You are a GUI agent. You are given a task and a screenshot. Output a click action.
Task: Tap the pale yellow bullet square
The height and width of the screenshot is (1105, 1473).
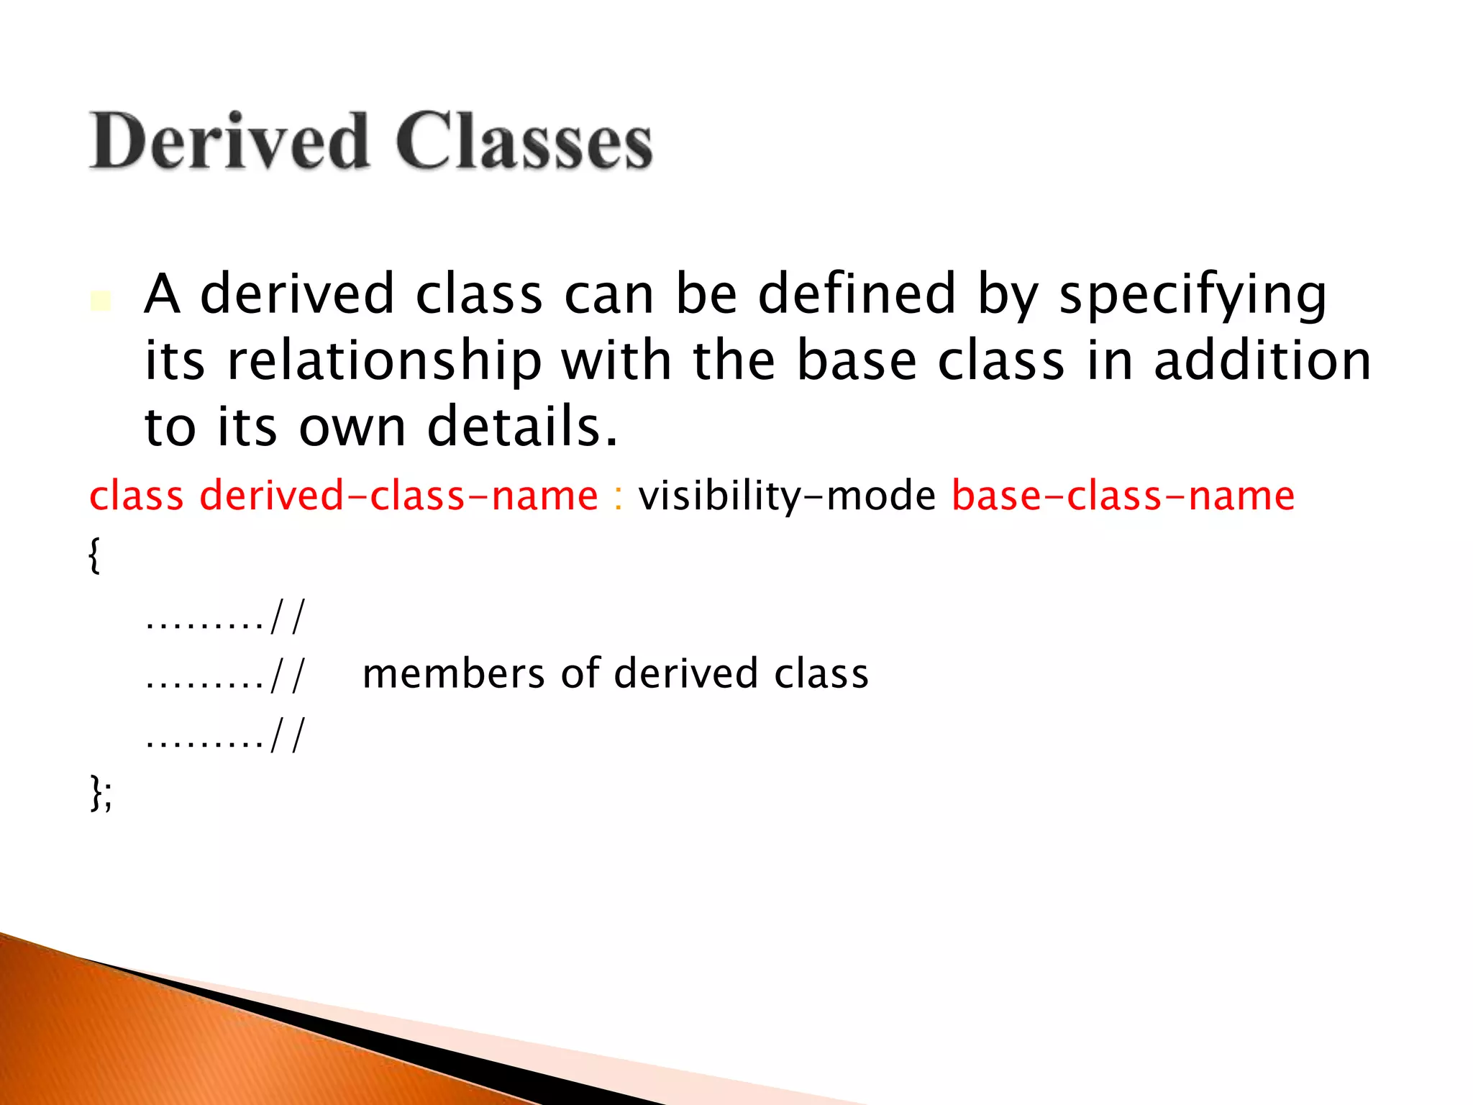click(x=101, y=301)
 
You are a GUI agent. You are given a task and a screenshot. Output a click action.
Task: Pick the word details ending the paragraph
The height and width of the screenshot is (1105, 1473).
click(x=522, y=427)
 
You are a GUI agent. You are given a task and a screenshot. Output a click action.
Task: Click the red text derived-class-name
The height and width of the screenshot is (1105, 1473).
click(x=398, y=496)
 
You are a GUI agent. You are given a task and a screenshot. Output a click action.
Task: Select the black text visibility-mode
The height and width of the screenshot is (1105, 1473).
click(x=787, y=496)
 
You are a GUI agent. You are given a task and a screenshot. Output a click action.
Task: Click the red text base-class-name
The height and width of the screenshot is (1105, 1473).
click(x=1123, y=496)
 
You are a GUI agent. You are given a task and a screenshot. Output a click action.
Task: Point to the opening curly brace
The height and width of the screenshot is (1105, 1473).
click(x=94, y=556)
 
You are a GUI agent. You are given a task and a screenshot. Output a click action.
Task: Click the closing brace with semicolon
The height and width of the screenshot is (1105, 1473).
click(x=101, y=794)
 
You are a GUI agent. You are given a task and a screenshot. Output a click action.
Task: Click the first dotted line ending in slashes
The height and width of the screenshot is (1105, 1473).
click(x=225, y=617)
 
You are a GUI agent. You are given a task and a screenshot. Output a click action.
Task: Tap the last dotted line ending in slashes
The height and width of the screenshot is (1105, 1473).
click(x=225, y=736)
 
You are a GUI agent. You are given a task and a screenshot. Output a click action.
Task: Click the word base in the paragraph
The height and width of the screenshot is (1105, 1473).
click(x=857, y=361)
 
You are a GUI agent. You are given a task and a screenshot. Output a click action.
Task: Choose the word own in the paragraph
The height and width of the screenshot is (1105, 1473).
click(x=352, y=427)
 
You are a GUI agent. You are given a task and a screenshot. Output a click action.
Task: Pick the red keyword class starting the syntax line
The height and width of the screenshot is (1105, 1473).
click(x=136, y=496)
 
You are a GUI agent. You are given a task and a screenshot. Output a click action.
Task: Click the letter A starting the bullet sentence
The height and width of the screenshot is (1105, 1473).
click(x=162, y=295)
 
